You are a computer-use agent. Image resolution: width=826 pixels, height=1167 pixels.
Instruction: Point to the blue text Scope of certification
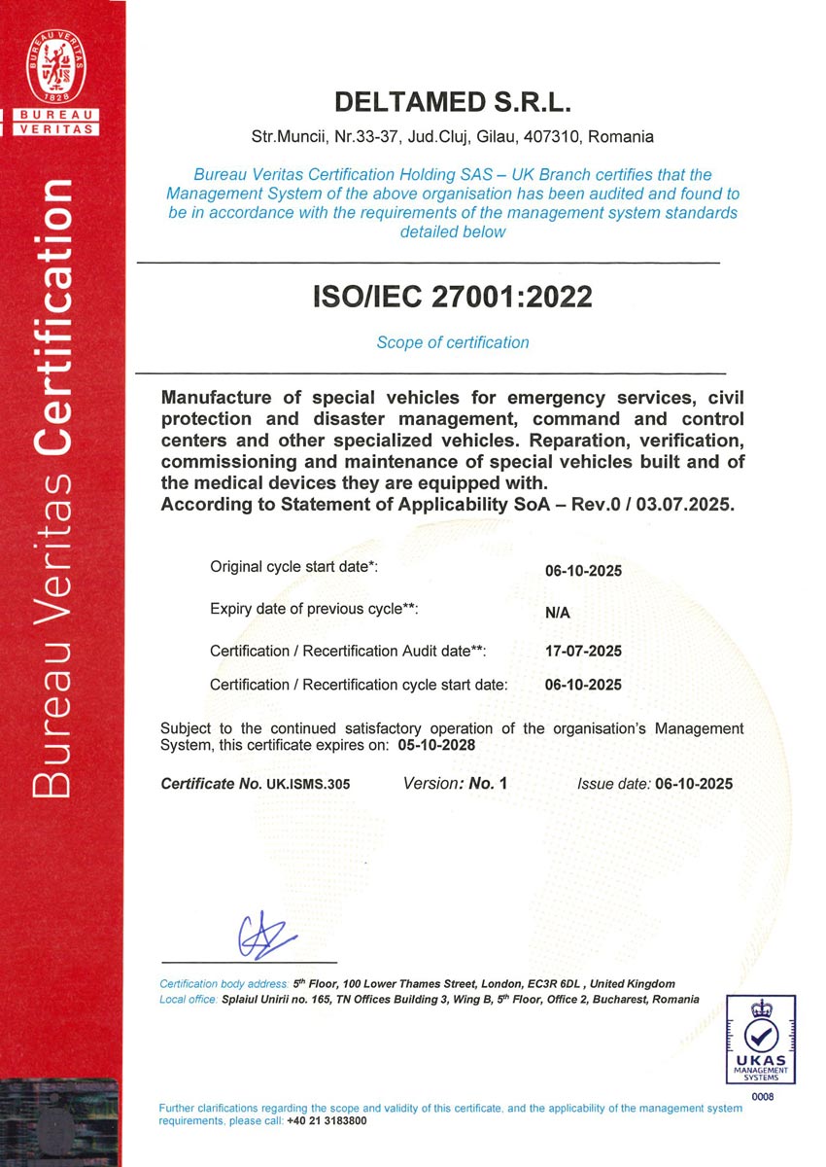(453, 342)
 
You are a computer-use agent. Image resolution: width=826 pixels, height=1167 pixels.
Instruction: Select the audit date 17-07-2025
(583, 651)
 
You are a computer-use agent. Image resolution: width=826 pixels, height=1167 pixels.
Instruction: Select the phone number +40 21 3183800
(327, 1121)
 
